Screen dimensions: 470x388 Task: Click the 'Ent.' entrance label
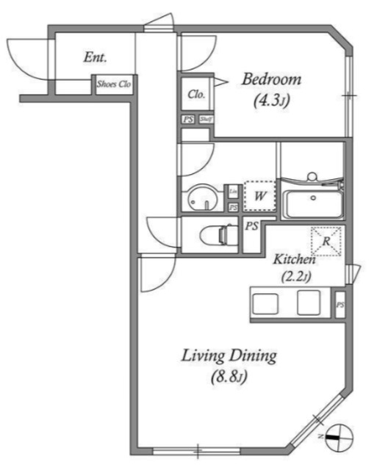coord(96,57)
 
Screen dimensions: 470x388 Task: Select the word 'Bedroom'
coord(272,79)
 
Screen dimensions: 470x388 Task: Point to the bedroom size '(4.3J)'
coord(270,101)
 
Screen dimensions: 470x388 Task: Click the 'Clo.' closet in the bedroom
coord(195,94)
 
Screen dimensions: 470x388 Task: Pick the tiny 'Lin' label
coord(233,192)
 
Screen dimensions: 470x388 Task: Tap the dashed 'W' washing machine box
coord(259,197)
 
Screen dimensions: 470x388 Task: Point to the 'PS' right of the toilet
coord(252,227)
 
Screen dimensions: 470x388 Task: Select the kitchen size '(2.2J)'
coord(295,276)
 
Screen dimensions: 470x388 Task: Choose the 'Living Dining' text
coord(229,357)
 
